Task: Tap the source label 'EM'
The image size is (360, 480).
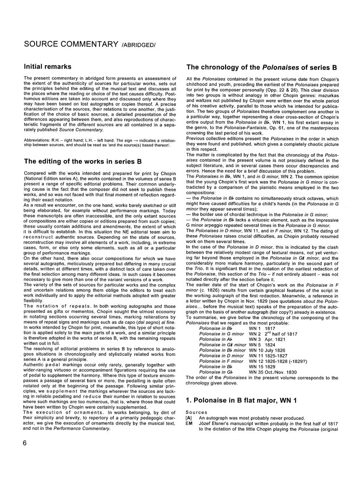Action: tap(190, 422)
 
